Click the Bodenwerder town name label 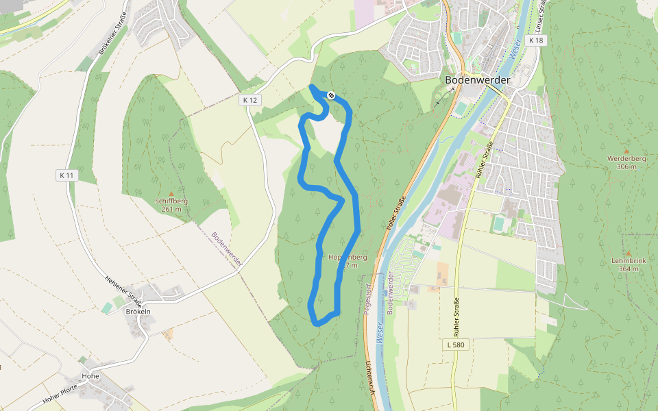[477, 80]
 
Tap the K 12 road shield [250, 100]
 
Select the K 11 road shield [66, 175]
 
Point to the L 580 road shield [456, 345]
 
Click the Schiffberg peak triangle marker [171, 194]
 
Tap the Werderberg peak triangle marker [626, 151]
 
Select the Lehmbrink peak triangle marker [628, 253]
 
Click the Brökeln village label [138, 311]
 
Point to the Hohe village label [90, 376]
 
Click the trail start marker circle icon [331, 95]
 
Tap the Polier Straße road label [395, 212]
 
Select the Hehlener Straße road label [124, 290]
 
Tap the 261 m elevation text [171, 209]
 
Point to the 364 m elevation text [628, 269]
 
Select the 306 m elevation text [626, 166]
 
